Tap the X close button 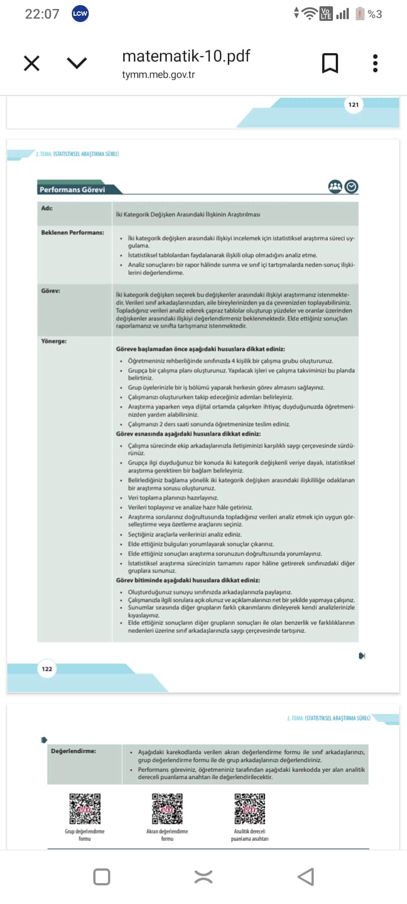[32, 63]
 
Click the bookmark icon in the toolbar [330, 63]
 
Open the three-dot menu [375, 63]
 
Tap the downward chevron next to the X [76, 63]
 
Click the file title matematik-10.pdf [185, 56]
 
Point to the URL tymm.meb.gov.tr [158, 75]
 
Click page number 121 [354, 105]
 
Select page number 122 [47, 669]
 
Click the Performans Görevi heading [72, 189]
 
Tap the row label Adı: [47, 208]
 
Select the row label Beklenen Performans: [72, 232]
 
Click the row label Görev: [50, 290]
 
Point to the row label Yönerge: [54, 341]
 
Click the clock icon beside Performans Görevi [352, 186]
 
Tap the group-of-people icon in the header [335, 186]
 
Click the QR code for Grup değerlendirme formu [85, 809]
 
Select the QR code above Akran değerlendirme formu [167, 809]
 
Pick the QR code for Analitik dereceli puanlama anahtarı [250, 809]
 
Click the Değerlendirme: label [73, 751]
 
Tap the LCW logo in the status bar [80, 14]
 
